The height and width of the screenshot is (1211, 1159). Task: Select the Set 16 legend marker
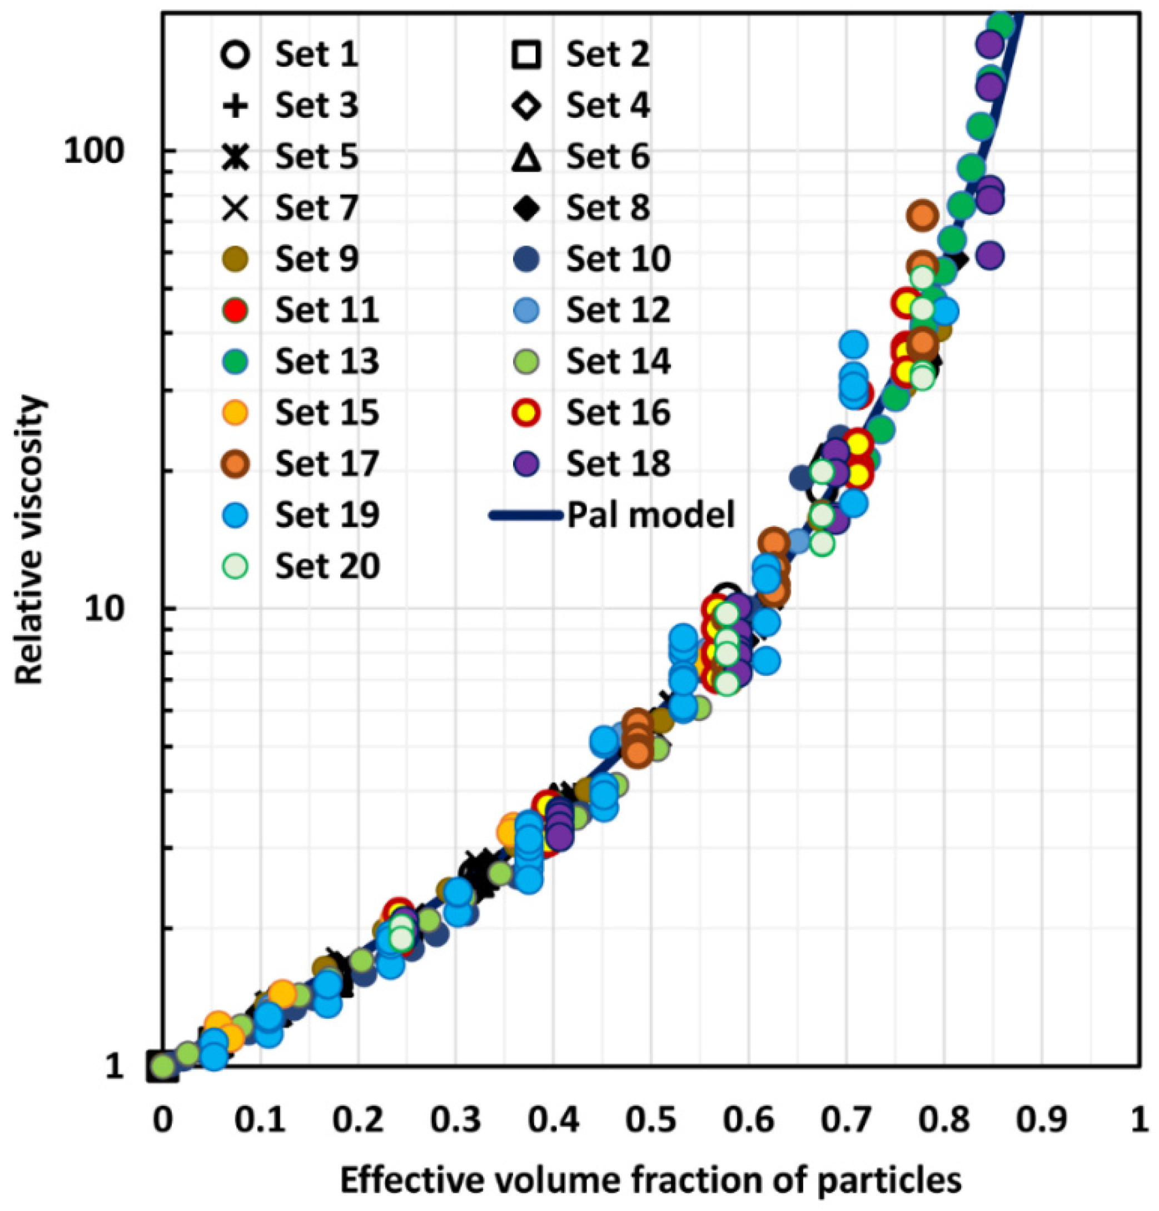point(526,412)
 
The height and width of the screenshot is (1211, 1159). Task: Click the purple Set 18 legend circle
point(526,463)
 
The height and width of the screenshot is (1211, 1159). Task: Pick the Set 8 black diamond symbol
point(526,208)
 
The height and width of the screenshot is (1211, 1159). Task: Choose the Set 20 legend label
point(327,566)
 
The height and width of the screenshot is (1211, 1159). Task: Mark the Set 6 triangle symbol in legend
point(526,157)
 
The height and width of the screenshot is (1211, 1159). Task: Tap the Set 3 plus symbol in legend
point(235,106)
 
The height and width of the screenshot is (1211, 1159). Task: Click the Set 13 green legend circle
point(235,361)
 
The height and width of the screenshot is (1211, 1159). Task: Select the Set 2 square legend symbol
point(526,55)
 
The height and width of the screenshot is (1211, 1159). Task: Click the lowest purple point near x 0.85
point(989,255)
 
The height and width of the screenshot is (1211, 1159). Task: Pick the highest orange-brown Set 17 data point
point(922,215)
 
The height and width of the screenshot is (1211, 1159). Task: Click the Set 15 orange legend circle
point(235,412)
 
